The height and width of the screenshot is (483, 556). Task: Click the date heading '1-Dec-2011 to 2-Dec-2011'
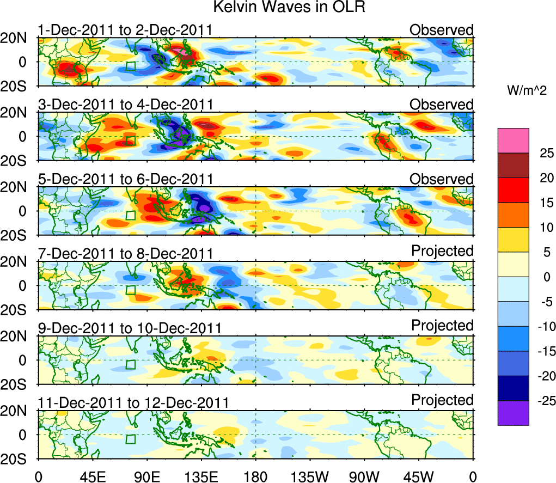tap(125, 30)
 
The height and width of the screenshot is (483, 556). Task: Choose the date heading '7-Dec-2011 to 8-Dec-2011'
tap(125, 253)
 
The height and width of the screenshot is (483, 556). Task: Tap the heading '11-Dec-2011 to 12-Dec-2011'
tap(133, 402)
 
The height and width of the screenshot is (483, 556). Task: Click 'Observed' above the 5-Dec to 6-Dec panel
tap(441, 179)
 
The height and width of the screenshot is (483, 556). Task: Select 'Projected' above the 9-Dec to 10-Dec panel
tap(442, 325)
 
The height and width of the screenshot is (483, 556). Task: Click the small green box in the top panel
tap(130, 66)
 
